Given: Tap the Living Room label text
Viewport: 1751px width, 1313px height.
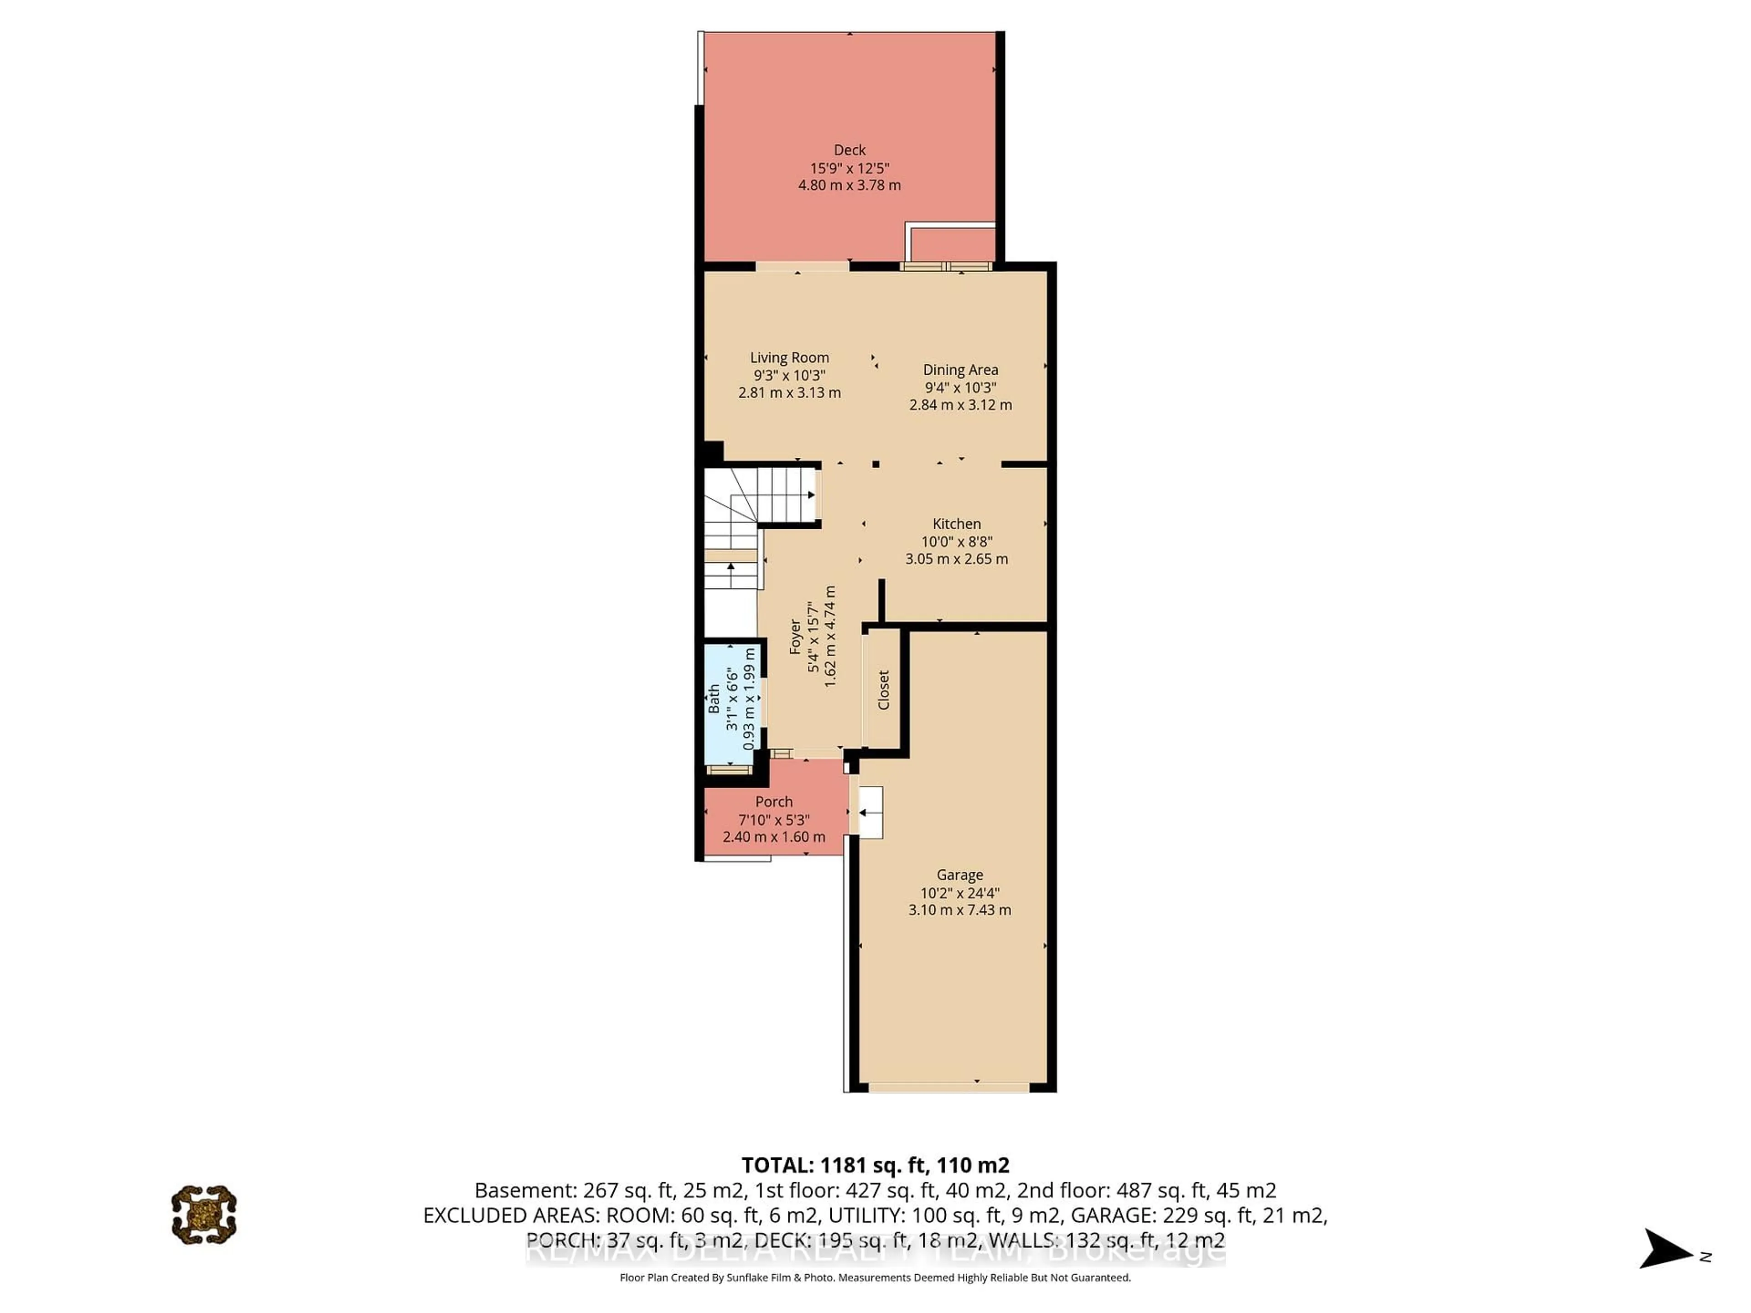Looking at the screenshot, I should click(789, 358).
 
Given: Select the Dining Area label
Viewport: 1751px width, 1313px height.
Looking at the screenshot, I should click(960, 370).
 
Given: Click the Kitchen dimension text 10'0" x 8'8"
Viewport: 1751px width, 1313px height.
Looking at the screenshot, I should click(956, 541).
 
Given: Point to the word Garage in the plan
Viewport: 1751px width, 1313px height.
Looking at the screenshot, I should click(959, 874).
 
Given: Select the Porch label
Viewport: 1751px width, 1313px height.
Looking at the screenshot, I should click(773, 802).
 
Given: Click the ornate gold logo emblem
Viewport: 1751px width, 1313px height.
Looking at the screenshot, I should click(204, 1214).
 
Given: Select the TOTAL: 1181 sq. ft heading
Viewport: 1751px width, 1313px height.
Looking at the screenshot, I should click(875, 1165).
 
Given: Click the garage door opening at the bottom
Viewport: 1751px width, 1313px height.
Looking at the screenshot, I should click(948, 1087).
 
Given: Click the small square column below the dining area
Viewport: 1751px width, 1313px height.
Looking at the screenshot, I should click(875, 465).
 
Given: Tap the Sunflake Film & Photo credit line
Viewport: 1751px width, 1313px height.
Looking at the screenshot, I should click(875, 1277).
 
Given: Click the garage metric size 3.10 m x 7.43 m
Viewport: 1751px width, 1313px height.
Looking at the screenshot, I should click(959, 910).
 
